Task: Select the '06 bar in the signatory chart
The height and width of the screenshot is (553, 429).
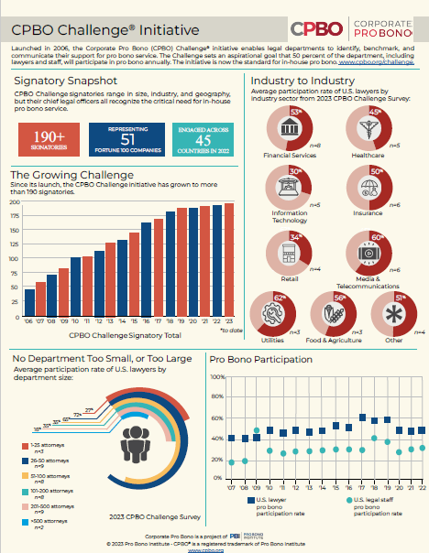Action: (29, 304)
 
